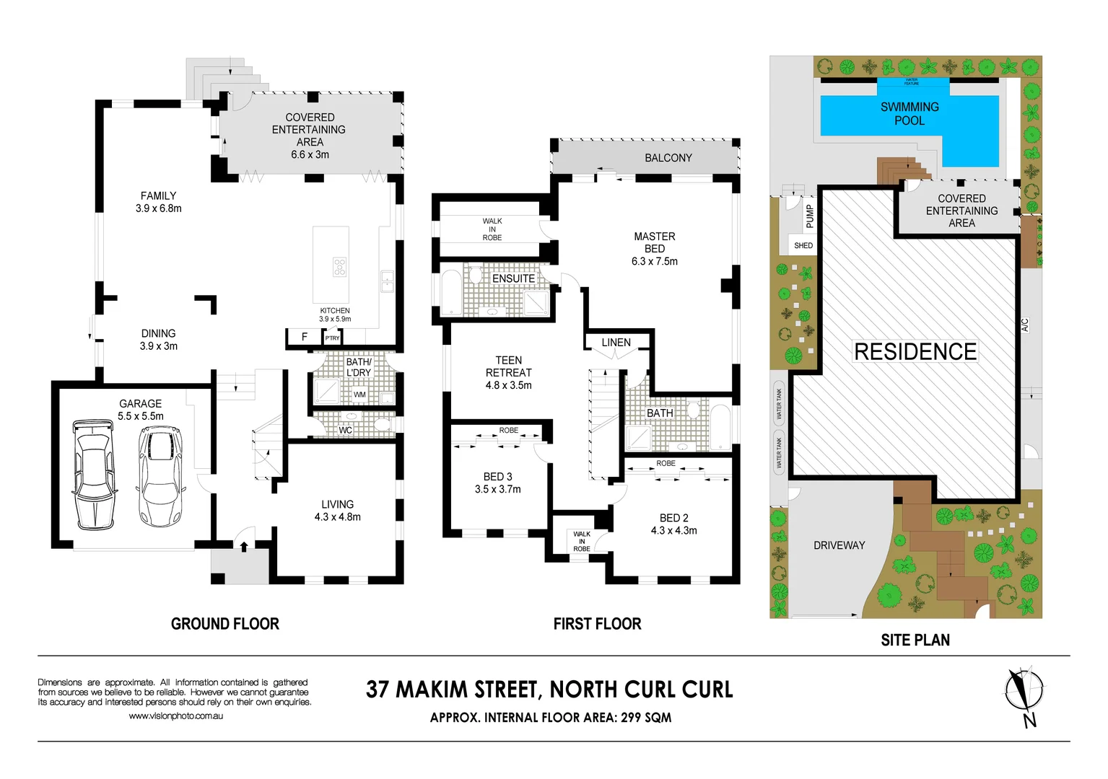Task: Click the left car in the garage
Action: [94, 475]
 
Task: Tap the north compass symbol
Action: [1024, 691]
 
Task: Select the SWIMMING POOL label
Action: [909, 114]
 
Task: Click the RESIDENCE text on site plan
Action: [915, 352]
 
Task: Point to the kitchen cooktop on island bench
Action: [339, 267]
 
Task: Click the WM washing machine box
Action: [359, 395]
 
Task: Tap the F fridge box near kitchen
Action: [305, 337]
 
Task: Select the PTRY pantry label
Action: [332, 338]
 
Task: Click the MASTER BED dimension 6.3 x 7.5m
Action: [655, 261]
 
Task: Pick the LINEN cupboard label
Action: [616, 343]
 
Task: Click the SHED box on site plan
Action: [803, 245]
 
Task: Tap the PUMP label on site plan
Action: [809, 216]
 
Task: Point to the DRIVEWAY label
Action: [839, 545]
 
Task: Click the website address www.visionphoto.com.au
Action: [176, 716]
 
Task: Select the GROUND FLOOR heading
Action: [225, 624]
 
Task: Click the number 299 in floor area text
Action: [632, 718]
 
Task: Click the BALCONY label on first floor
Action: [668, 158]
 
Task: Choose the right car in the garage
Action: [160, 476]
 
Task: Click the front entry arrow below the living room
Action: [244, 546]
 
